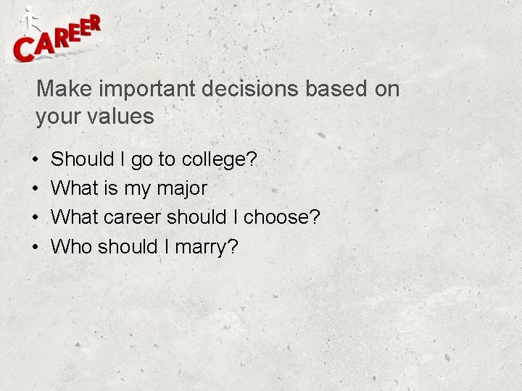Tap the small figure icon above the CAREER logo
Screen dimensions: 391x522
(x=30, y=19)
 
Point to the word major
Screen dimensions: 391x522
(x=182, y=188)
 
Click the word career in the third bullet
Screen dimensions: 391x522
(x=134, y=217)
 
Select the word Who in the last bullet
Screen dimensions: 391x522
(x=71, y=246)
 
